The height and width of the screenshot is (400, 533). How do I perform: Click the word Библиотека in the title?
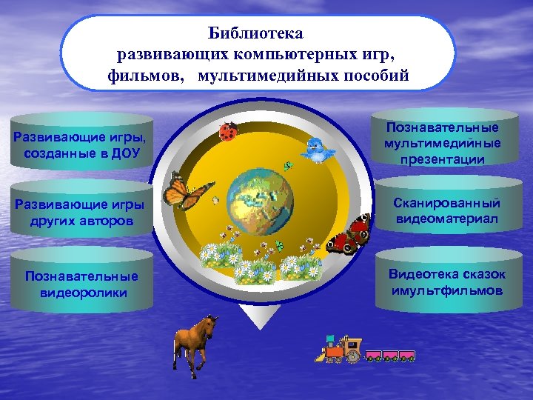tap(256, 33)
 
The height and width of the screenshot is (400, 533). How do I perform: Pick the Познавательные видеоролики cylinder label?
tap(81, 284)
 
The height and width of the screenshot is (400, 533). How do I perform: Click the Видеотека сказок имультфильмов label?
tap(447, 281)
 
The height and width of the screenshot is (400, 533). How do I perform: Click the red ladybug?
tap(227, 131)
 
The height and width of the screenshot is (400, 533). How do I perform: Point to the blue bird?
tap(319, 149)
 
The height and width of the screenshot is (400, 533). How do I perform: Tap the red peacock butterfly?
tap(349, 233)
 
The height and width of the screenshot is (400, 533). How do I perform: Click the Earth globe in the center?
tap(260, 199)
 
